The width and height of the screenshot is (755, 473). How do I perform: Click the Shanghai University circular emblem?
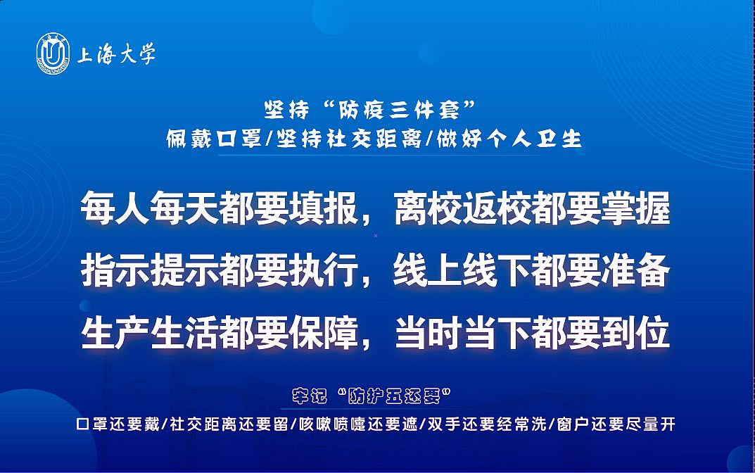53,53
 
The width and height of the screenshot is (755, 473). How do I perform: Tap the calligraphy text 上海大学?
116,54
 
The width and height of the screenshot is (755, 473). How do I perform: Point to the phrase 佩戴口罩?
214,139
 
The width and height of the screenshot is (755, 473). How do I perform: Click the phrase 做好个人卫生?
509,139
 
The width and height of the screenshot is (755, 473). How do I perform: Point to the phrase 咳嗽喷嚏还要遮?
358,424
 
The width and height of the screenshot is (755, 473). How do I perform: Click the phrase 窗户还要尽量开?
616,424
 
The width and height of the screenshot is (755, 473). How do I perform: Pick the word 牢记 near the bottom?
309,396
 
